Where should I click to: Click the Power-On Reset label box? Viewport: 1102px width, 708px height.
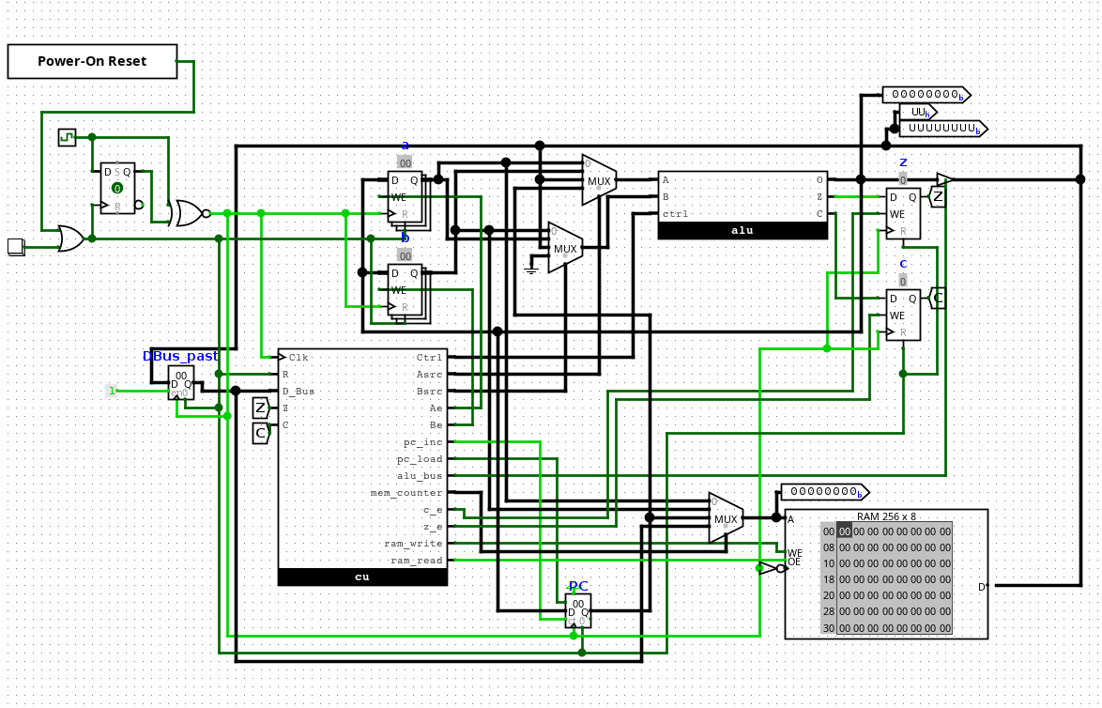92,61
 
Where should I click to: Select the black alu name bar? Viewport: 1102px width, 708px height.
742,230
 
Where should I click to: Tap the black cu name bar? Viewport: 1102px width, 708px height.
362,577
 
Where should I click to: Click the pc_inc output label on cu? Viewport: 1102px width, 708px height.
421,441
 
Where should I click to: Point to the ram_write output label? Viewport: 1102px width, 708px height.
413,543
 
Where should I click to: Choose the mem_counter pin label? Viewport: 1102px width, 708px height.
406,492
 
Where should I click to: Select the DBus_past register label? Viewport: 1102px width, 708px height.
180,356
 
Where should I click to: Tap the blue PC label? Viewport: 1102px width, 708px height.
578,586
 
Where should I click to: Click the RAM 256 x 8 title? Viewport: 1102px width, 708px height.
886,516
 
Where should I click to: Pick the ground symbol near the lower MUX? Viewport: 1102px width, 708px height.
531,269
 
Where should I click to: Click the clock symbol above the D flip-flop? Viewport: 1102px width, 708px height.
67,137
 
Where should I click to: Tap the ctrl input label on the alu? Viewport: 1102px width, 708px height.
675,214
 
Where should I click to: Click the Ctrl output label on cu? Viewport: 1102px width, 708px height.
429,357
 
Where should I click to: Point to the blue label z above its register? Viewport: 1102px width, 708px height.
903,162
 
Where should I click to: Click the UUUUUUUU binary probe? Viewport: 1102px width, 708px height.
941,128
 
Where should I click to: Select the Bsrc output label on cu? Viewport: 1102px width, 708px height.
429,391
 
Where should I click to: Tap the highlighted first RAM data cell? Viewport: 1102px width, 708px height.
844,531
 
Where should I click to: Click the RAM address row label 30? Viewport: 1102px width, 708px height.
828,628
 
